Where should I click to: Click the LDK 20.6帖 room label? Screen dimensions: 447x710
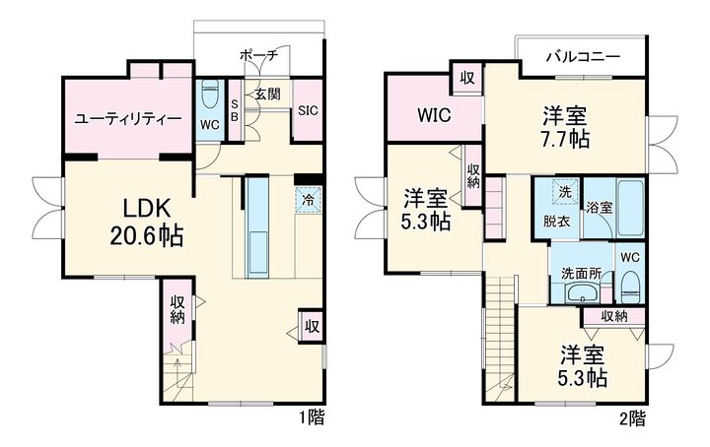pyautogui.click(x=148, y=222)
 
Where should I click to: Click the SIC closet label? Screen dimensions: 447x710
pyautogui.click(x=308, y=110)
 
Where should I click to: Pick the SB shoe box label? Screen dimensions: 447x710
pyautogui.click(x=235, y=110)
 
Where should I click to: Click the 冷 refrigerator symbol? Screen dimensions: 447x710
pyautogui.click(x=307, y=198)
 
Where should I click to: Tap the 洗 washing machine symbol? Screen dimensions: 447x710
pyautogui.click(x=565, y=191)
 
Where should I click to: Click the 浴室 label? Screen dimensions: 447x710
pyautogui.click(x=599, y=208)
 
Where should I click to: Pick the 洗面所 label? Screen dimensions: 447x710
pyautogui.click(x=582, y=273)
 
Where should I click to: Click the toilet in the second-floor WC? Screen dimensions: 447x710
pyautogui.click(x=631, y=286)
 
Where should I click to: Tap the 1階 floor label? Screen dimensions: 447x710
pyautogui.click(x=313, y=417)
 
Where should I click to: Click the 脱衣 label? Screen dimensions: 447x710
pyautogui.click(x=557, y=222)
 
